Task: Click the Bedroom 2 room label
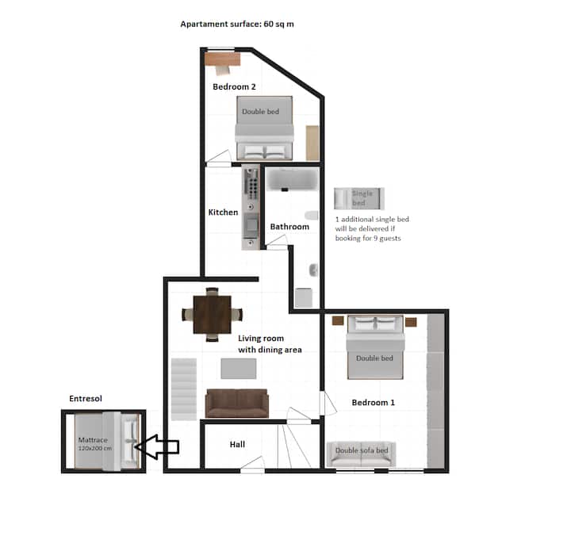click(234, 86)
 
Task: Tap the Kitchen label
click(223, 212)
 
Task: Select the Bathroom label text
click(289, 227)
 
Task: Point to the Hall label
click(237, 444)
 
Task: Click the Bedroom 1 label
click(374, 402)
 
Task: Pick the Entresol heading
click(86, 398)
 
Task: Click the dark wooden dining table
click(213, 315)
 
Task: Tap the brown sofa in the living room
click(237, 403)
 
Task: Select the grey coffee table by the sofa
click(239, 369)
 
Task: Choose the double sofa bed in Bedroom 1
click(362, 454)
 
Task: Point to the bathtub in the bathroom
click(293, 178)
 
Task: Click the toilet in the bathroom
click(312, 215)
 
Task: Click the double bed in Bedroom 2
click(264, 128)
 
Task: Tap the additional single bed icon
click(359, 198)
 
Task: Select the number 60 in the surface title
click(268, 24)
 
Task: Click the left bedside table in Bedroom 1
click(338, 321)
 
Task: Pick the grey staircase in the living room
click(184, 389)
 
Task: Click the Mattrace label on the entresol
click(93, 440)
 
